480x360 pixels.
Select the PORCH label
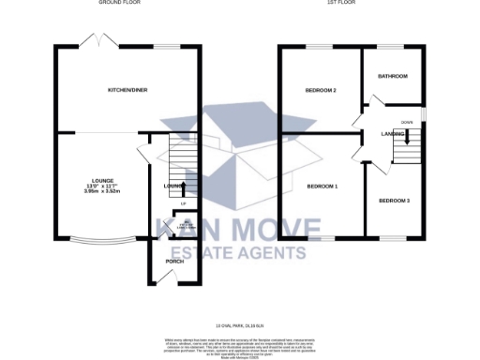tap(173, 261)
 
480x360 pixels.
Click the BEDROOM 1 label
tap(322, 187)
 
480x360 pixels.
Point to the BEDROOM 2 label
tap(321, 90)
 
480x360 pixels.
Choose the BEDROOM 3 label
tap(394, 201)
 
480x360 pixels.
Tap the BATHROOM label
tap(392, 75)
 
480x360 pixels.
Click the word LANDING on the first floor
tap(393, 134)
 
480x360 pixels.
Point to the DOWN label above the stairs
tap(407, 123)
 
